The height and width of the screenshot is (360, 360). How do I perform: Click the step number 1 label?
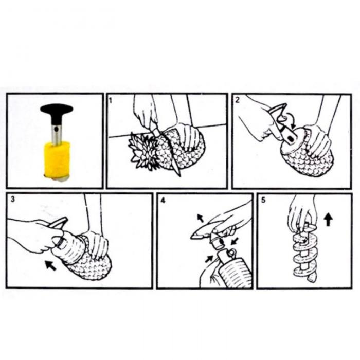tap(111, 100)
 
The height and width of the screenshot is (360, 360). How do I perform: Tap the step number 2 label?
tap(238, 100)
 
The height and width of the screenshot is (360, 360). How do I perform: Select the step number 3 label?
tap(13, 199)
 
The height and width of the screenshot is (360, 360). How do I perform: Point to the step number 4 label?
tap(163, 201)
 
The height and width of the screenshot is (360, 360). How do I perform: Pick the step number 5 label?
tap(263, 200)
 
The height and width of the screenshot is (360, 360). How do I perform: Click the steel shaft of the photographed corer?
tap(56, 135)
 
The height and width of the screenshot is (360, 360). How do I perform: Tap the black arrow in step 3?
tap(50, 265)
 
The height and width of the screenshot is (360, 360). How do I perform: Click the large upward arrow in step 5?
tap(328, 219)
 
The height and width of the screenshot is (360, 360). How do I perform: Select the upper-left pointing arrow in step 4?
tap(201, 218)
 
